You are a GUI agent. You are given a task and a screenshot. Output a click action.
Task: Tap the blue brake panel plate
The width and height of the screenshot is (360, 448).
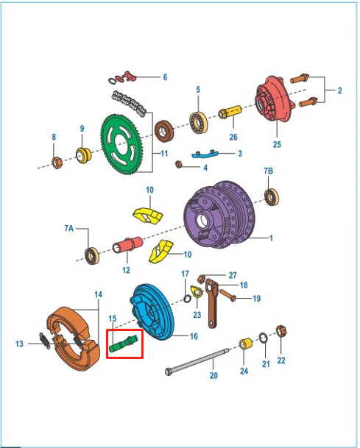(152, 311)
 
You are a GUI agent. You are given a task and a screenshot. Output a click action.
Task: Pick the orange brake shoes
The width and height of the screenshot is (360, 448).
(73, 338)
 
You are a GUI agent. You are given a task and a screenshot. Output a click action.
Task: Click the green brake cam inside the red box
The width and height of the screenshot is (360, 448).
(124, 343)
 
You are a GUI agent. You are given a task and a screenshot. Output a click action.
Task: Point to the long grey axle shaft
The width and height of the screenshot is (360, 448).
(197, 360)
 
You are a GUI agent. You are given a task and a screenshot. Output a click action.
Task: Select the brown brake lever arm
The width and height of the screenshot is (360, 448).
(211, 303)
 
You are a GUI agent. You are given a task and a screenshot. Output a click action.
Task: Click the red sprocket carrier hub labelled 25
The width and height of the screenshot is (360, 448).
(272, 99)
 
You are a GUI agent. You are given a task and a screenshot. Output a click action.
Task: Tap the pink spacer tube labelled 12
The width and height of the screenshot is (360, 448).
(128, 245)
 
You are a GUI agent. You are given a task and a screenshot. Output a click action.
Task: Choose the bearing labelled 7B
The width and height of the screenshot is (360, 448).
(272, 197)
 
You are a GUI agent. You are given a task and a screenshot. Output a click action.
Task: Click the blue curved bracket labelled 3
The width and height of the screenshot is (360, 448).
(205, 154)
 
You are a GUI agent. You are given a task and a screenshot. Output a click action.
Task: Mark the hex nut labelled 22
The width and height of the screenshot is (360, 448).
(281, 332)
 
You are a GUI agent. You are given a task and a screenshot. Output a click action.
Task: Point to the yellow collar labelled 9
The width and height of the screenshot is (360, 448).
(83, 155)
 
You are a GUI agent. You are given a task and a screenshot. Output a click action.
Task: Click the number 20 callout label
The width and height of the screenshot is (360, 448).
(213, 375)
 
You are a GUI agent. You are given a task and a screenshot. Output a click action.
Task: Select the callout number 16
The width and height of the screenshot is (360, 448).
(194, 336)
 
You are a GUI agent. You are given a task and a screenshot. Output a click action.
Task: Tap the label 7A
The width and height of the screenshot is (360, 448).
(69, 228)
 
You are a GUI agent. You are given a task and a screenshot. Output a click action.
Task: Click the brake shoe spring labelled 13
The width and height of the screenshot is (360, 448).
(44, 341)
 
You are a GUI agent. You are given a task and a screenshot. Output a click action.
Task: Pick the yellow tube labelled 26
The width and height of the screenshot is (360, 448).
(230, 112)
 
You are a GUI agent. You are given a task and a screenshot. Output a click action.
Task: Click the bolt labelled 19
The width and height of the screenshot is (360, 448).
(227, 296)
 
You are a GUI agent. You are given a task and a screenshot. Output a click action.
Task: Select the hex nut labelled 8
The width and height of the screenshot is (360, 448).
(57, 163)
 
